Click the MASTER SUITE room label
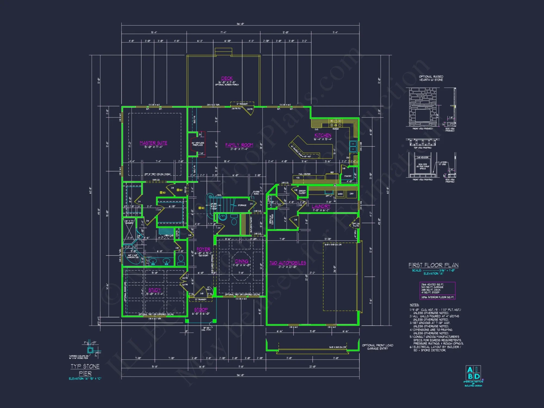coord(153,143)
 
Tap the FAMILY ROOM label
coord(239,145)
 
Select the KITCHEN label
coord(323,135)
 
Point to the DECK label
coord(227,78)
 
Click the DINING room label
coord(242,261)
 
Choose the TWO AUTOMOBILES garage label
coord(288,263)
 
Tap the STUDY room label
coord(155,290)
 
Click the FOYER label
coord(203,249)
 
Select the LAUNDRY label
coord(321,206)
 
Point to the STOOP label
coord(201,310)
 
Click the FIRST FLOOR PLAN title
coord(433,265)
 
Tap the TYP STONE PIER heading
coord(85,370)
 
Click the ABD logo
coord(473,373)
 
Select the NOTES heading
coord(414,305)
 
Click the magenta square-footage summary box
coord(437,291)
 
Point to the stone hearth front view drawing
coord(423,107)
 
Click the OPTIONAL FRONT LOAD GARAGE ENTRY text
coord(378,347)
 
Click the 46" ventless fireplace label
coord(198,144)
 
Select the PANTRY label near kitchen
coord(348,176)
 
